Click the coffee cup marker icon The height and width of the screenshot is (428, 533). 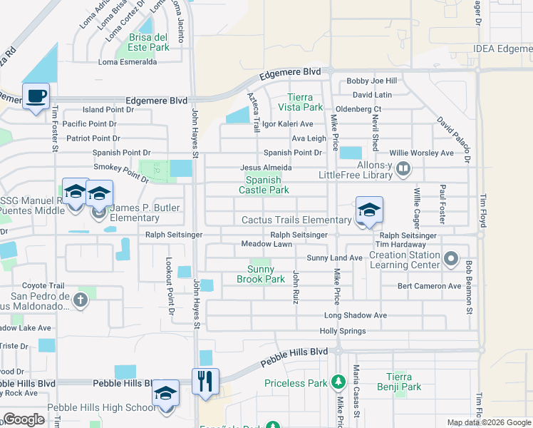36,96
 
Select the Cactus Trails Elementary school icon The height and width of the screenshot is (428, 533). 368,210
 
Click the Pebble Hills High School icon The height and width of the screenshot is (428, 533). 165,393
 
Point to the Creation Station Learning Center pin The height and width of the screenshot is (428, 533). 450,258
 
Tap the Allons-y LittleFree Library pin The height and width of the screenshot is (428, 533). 403,169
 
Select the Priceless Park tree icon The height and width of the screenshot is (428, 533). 338,383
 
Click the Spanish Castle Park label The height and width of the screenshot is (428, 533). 263,185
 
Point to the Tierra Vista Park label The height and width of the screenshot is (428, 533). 305,102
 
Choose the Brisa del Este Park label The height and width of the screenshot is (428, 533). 148,42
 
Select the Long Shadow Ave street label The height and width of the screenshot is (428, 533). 356,315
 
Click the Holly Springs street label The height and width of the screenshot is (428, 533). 343,331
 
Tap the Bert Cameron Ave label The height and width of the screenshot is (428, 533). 430,286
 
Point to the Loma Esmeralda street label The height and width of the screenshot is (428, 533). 128,62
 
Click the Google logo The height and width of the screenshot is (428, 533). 24,419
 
